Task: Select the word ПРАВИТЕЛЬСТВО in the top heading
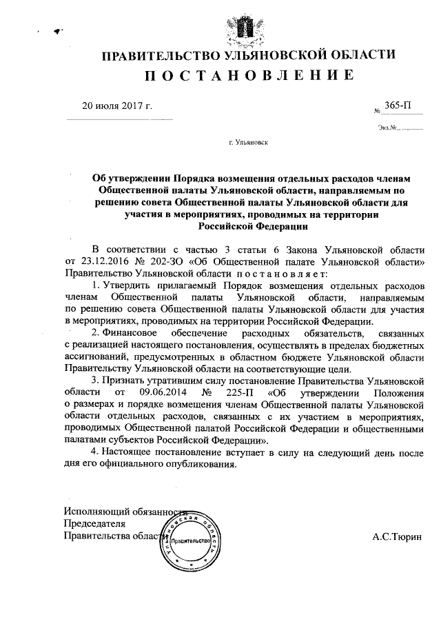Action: click(160, 54)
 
